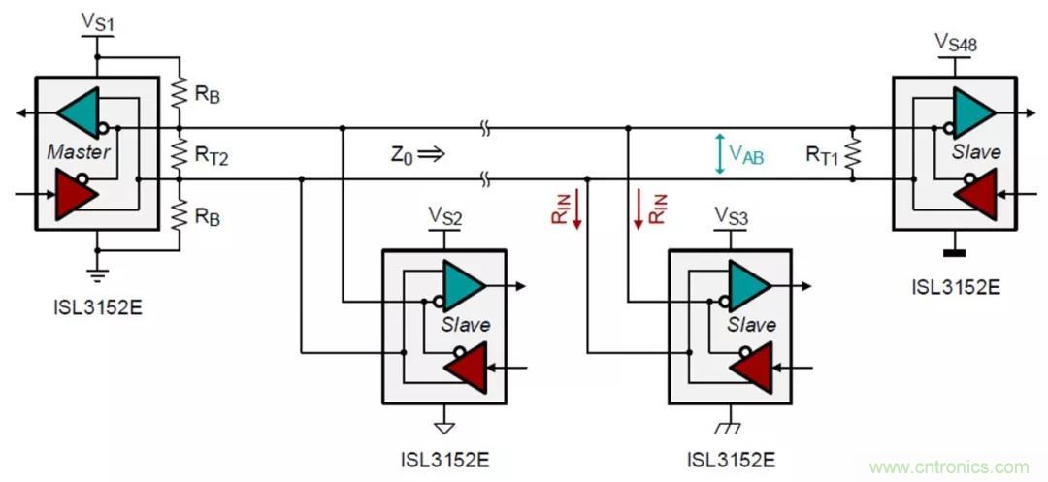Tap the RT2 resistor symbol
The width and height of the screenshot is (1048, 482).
click(180, 152)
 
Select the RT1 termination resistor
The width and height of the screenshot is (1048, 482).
click(852, 153)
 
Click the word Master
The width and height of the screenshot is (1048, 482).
click(78, 152)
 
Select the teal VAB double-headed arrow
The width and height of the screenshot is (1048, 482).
click(719, 153)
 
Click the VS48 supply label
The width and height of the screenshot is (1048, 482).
click(955, 42)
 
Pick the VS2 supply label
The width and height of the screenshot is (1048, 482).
click(444, 214)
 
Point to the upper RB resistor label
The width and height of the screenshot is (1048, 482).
click(208, 97)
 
